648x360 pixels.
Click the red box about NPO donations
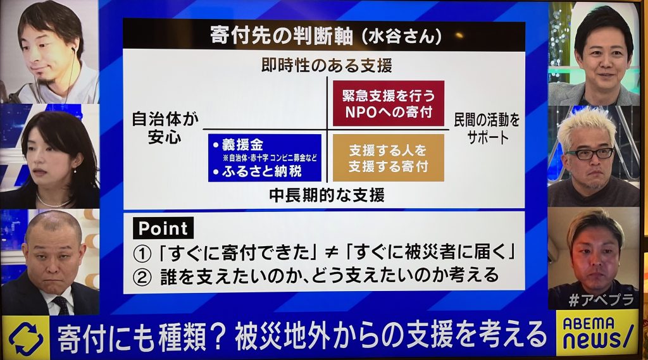click(389, 103)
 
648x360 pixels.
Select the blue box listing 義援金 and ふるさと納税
click(265, 158)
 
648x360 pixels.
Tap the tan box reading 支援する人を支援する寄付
click(389, 158)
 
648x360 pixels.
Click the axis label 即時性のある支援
click(327, 65)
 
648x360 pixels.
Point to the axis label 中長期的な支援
click(327, 195)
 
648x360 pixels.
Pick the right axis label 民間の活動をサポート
click(487, 128)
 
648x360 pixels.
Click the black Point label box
click(163, 228)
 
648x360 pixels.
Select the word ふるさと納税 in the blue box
click(262, 171)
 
